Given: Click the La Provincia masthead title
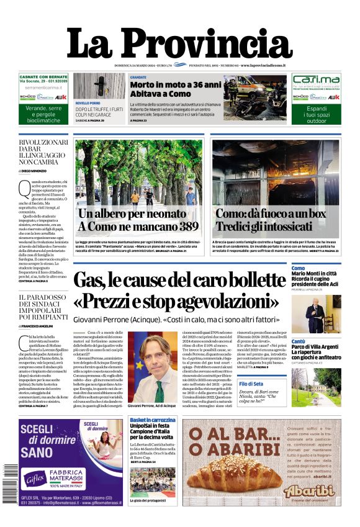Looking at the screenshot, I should coord(179,44).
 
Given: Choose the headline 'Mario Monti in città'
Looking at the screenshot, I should coord(314,274).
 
